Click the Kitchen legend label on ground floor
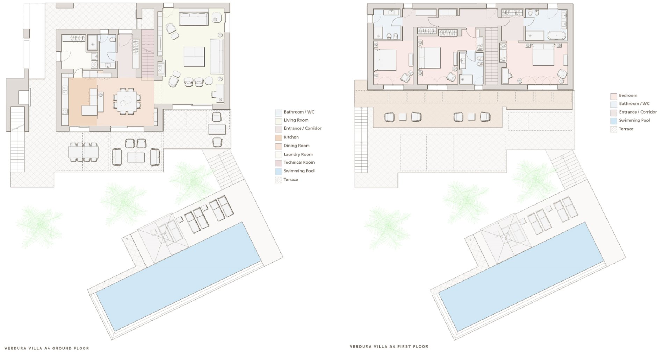[x=291, y=137]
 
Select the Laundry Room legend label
[x=298, y=154]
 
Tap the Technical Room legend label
[x=299, y=163]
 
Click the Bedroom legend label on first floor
[x=628, y=95]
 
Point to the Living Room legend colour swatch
[x=279, y=121]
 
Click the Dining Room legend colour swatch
[x=279, y=146]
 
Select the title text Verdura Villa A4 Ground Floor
[x=46, y=348]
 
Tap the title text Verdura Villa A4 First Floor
[x=389, y=347]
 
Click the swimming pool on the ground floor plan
[x=179, y=276]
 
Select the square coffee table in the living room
[x=194, y=57]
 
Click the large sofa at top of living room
[x=194, y=19]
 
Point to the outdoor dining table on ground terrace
[x=84, y=152]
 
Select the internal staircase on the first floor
[x=491, y=56]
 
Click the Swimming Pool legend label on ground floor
[x=299, y=171]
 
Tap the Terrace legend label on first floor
[x=626, y=129]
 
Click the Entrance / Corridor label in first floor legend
[x=638, y=112]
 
